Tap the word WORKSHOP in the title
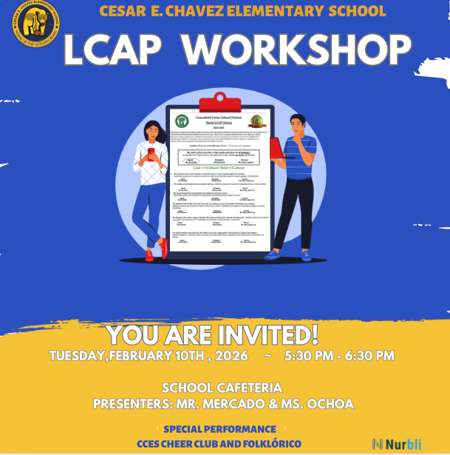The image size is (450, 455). pyautogui.click(x=296, y=50)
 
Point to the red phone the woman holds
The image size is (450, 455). pyautogui.click(x=152, y=154)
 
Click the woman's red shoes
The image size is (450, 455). pyautogui.click(x=156, y=252)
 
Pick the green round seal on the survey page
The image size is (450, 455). pyautogui.click(x=182, y=121)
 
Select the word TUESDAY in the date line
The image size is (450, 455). pyautogui.click(x=78, y=356)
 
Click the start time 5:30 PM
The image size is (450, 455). pyautogui.click(x=307, y=356)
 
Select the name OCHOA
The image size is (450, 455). pyautogui.click(x=328, y=404)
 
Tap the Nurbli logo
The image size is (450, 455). pyautogui.click(x=398, y=443)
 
